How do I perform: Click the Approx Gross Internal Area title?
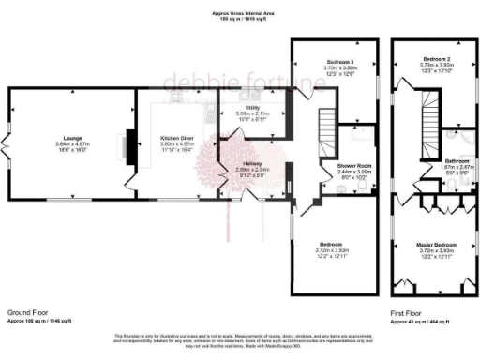tap(240, 12)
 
